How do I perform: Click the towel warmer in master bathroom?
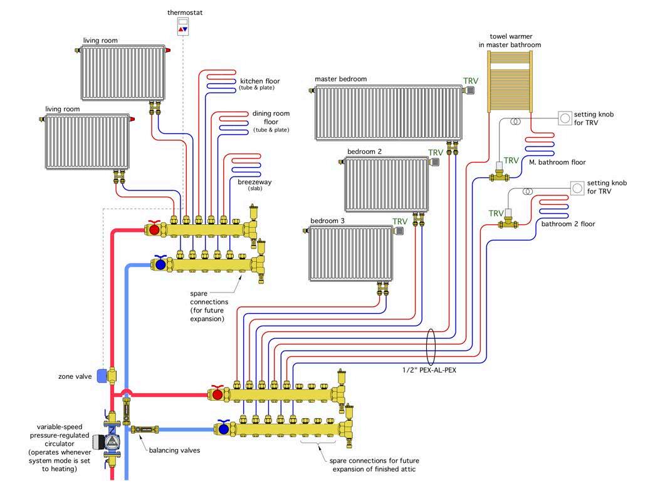509,82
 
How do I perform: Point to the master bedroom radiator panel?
388,113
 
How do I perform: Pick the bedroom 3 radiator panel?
351,254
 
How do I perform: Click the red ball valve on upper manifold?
154,229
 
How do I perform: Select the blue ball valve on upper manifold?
160,264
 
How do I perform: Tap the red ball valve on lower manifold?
217,395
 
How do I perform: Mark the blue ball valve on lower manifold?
223,429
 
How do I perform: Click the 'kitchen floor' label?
259,81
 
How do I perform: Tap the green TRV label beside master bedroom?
470,81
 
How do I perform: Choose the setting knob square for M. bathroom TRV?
565,117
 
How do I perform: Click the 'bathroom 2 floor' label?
568,224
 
